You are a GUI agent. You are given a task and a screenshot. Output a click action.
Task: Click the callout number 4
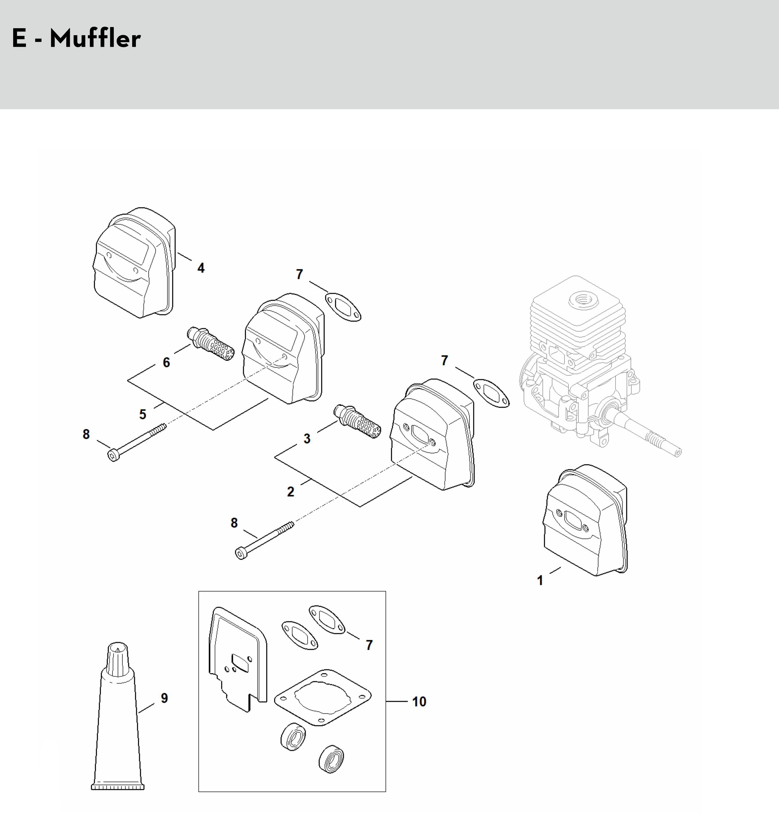[201, 268]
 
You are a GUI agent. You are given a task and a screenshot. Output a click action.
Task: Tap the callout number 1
[540, 580]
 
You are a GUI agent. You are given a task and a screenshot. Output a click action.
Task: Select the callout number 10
[419, 701]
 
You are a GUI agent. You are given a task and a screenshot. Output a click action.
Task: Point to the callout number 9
[164, 698]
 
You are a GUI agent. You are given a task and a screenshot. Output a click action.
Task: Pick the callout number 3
[307, 438]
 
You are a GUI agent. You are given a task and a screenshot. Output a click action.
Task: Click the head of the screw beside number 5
[113, 455]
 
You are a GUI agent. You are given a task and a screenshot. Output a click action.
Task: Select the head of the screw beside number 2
[240, 554]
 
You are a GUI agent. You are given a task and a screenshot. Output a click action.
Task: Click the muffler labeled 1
[585, 520]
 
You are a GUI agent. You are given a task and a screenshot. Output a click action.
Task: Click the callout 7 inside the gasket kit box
[369, 645]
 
